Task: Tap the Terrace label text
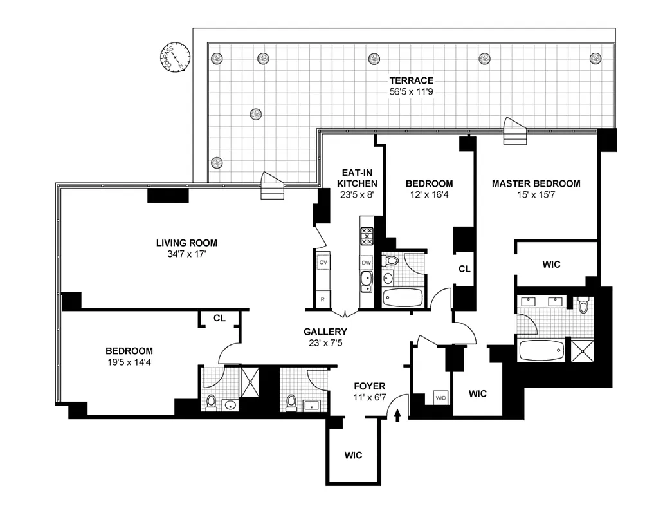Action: [x=411, y=80]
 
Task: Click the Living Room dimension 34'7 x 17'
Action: [x=186, y=254]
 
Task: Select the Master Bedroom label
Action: [x=536, y=183]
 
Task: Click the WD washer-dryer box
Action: [x=441, y=397]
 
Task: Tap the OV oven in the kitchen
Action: [x=323, y=263]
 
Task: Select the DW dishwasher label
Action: [x=366, y=263]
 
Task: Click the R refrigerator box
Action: [x=323, y=299]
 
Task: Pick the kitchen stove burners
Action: [x=367, y=238]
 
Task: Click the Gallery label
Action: [x=325, y=332]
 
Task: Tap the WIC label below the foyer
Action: [x=353, y=455]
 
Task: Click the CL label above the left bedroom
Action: [x=219, y=318]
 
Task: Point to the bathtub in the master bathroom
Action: [x=541, y=351]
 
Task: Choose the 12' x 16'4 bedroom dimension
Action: [x=429, y=194]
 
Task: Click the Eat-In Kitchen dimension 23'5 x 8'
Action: [x=357, y=194]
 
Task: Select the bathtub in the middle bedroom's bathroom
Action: [x=403, y=297]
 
